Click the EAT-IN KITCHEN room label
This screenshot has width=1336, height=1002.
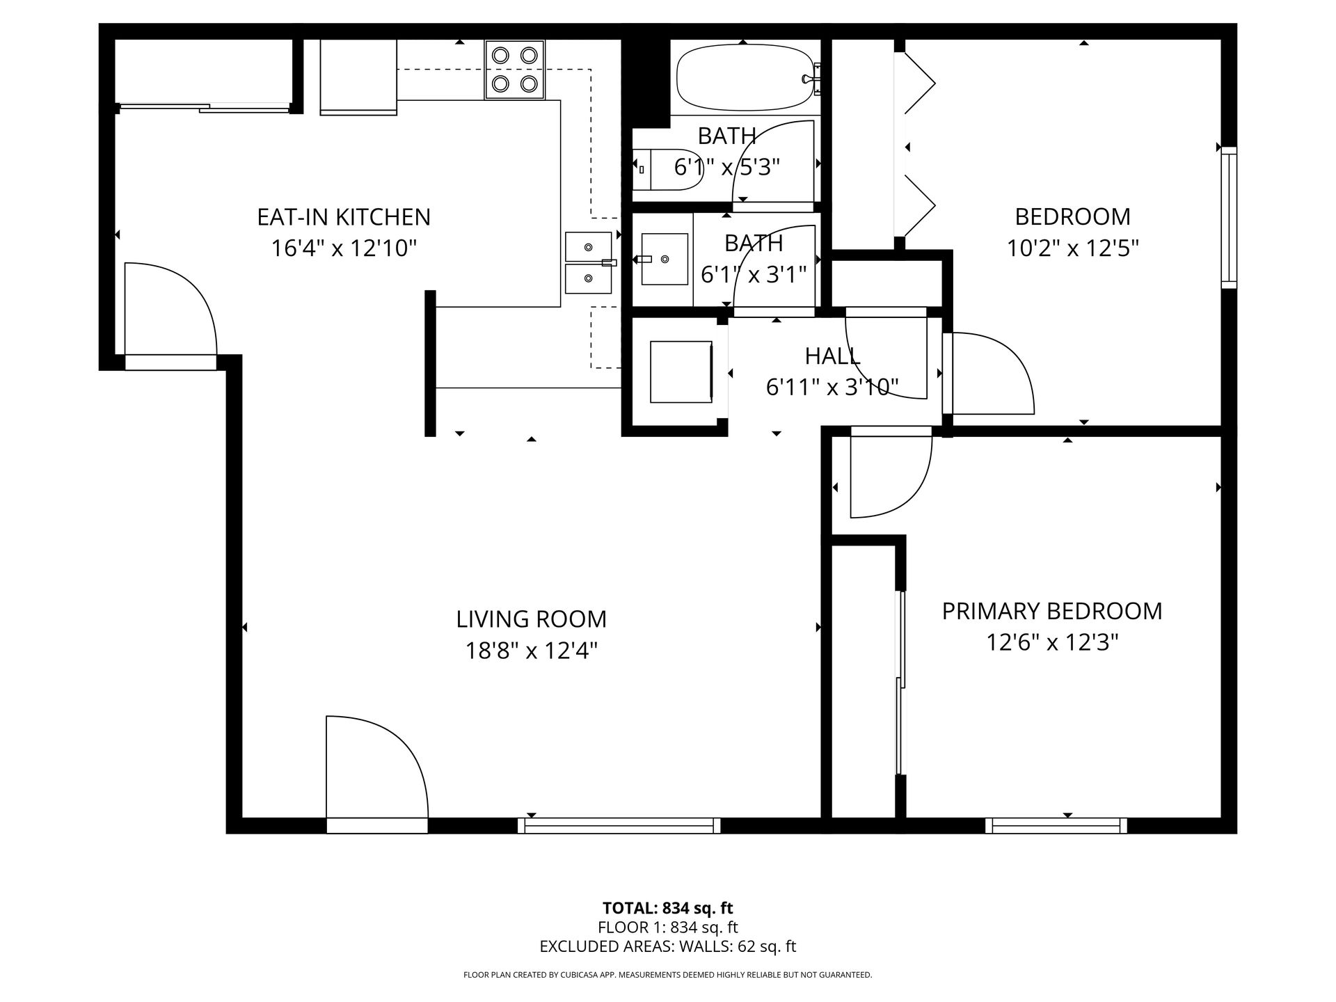click(x=344, y=217)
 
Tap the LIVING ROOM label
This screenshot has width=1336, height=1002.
click(x=532, y=619)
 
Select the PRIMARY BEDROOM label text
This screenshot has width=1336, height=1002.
click(x=1052, y=611)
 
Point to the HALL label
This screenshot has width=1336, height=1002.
click(x=833, y=356)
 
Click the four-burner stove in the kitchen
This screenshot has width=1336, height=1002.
click(x=515, y=70)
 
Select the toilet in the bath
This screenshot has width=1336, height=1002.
click(x=668, y=170)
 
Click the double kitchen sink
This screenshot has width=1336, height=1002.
click(x=589, y=262)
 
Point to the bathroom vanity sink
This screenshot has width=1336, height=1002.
click(x=664, y=259)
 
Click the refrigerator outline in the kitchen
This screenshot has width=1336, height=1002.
click(x=358, y=77)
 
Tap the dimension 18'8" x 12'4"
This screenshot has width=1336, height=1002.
click(x=532, y=651)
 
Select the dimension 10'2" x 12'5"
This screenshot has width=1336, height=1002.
click(x=1073, y=248)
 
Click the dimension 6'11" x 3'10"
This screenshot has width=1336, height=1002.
click(x=833, y=387)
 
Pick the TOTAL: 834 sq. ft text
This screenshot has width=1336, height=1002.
click(x=668, y=908)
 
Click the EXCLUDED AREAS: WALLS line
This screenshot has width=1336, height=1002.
click(x=668, y=946)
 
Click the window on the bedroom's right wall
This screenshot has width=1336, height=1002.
click(x=1230, y=217)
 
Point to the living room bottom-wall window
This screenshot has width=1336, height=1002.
click(x=619, y=825)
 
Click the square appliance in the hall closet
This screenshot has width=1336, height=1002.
click(x=681, y=372)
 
